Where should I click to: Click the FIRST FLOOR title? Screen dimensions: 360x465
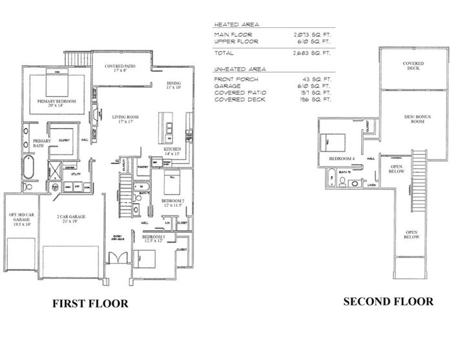point(90,302)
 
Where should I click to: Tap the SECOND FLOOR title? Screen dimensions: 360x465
point(388,301)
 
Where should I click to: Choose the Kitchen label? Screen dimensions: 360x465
point(172,151)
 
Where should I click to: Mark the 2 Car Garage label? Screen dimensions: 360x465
point(72,218)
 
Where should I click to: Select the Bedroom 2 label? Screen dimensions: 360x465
point(173,202)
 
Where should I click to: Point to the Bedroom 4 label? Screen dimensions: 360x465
point(342,158)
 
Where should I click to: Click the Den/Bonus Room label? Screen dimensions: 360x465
point(413,120)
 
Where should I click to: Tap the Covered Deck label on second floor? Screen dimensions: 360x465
point(413,65)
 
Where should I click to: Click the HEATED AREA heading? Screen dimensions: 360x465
point(232,24)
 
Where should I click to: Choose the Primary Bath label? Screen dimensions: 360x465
point(41,143)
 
